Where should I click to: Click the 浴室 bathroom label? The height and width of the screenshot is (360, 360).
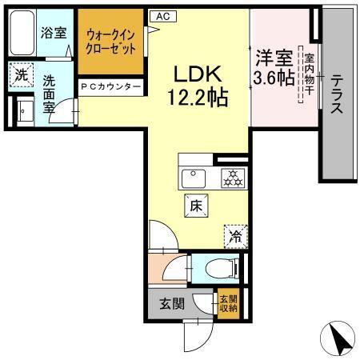click(54, 34)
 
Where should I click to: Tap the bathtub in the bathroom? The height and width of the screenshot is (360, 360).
click(22, 32)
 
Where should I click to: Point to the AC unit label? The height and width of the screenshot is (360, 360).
click(162, 15)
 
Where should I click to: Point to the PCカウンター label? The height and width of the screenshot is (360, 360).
click(111, 86)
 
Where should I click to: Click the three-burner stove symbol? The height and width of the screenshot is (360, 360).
click(232, 178)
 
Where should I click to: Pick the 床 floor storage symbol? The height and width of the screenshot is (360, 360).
click(197, 204)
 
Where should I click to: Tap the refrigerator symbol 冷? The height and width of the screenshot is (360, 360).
click(236, 235)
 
